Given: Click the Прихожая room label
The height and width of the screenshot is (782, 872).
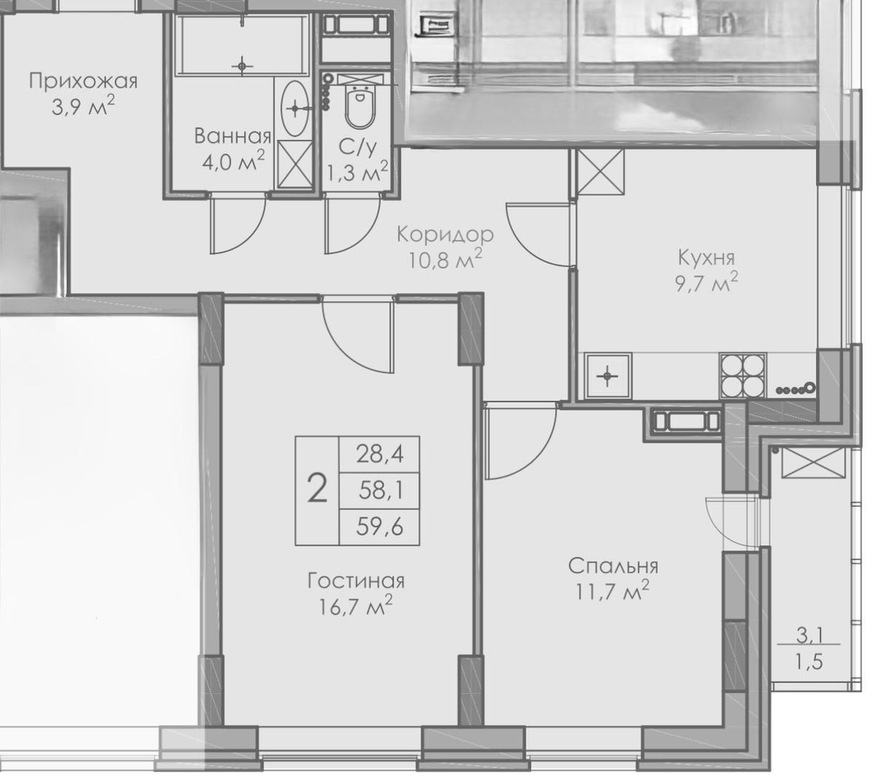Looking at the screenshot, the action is (x=83, y=82).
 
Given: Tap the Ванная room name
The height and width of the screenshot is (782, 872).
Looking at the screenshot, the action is (x=233, y=136).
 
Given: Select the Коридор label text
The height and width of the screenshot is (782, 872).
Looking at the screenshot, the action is (x=445, y=234).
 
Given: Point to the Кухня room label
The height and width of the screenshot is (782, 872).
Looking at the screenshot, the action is (x=706, y=258).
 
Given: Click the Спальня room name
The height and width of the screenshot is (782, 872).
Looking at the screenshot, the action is (x=613, y=566).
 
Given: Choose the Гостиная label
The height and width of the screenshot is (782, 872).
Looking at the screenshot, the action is (x=356, y=581).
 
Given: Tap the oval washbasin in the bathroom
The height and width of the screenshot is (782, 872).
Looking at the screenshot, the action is (x=295, y=107).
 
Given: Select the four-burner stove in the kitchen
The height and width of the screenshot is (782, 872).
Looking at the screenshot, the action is (x=743, y=375).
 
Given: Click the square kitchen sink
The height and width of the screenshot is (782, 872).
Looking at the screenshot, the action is (x=607, y=376).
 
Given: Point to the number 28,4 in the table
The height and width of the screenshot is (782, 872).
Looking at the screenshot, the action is (x=379, y=454).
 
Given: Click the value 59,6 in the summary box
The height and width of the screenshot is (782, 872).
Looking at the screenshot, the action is (x=379, y=527).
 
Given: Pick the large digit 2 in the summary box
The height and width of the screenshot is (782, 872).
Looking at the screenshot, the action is (x=317, y=490).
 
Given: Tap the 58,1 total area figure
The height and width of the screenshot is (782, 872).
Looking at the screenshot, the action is (x=381, y=490).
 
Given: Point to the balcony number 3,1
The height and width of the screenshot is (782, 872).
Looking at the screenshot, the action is (x=809, y=634).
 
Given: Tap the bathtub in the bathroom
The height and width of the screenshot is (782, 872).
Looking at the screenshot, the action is (x=242, y=44).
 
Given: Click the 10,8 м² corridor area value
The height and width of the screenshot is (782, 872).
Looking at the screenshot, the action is (x=445, y=259).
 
